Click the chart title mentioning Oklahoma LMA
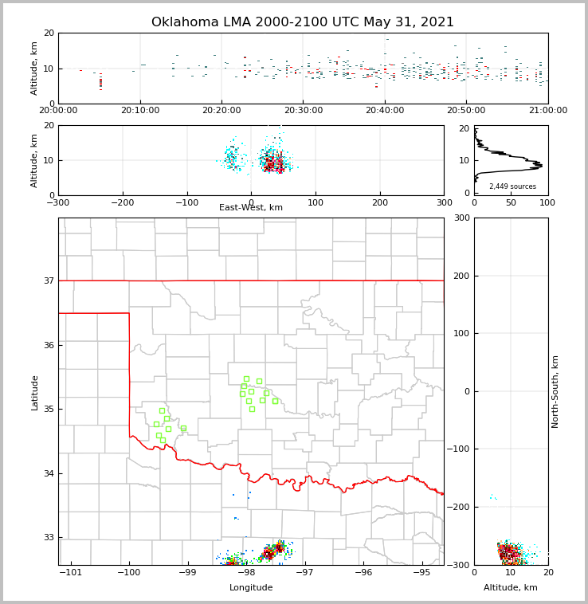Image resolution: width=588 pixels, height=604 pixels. (303, 22)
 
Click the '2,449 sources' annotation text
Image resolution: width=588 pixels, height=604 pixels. (512, 186)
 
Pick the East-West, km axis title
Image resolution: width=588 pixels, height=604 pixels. (251, 208)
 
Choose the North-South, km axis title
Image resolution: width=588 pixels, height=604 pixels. (556, 391)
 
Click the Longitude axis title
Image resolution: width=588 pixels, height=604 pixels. (251, 588)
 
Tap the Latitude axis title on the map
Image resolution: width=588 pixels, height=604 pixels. (35, 392)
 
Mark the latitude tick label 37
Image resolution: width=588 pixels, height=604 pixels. (48, 281)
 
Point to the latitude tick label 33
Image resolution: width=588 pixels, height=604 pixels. (48, 538)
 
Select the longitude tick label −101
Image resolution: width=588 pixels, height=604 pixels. (71, 573)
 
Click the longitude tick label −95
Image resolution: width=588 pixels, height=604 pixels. (421, 573)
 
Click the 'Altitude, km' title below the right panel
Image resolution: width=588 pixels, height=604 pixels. (511, 588)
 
